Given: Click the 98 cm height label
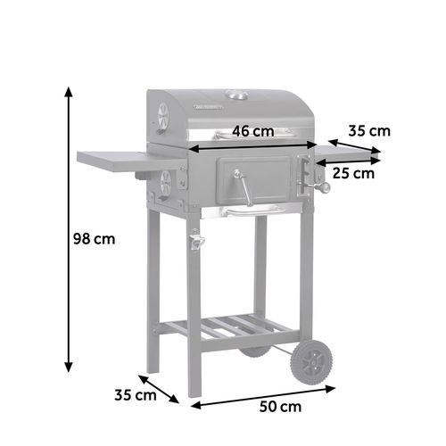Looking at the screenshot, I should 94,239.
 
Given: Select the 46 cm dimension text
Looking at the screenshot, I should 252,131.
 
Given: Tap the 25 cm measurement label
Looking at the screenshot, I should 351,172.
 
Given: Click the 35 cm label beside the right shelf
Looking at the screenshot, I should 368,131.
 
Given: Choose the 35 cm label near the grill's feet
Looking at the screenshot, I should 135,393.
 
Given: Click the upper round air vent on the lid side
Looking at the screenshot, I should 162,114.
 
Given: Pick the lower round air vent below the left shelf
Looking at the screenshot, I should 164,184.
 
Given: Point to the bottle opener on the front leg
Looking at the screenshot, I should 194,240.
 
